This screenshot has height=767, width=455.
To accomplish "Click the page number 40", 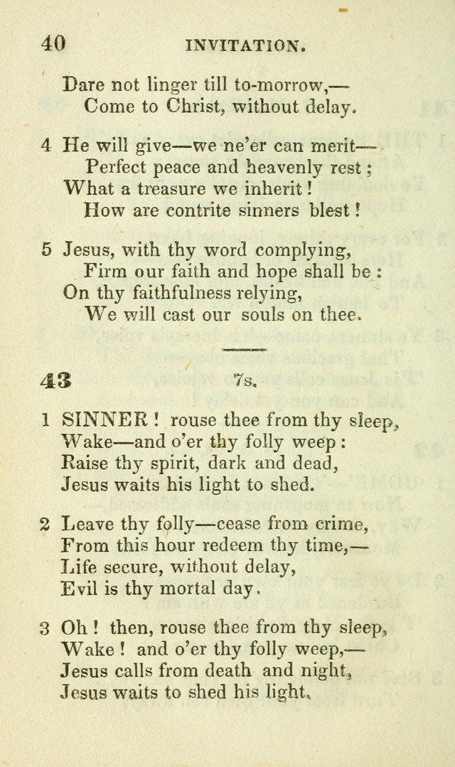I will click(53, 43).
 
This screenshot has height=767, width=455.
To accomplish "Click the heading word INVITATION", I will click(245, 46).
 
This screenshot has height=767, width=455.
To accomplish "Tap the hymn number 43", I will click(55, 380).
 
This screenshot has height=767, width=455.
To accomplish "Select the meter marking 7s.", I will click(245, 381).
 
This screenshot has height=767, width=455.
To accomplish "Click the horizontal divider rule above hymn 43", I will click(244, 350).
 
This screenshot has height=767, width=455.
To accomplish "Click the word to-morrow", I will click(283, 85).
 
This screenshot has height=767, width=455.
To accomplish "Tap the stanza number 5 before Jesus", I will click(46, 250).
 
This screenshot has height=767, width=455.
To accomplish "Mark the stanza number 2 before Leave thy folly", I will click(45, 524).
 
